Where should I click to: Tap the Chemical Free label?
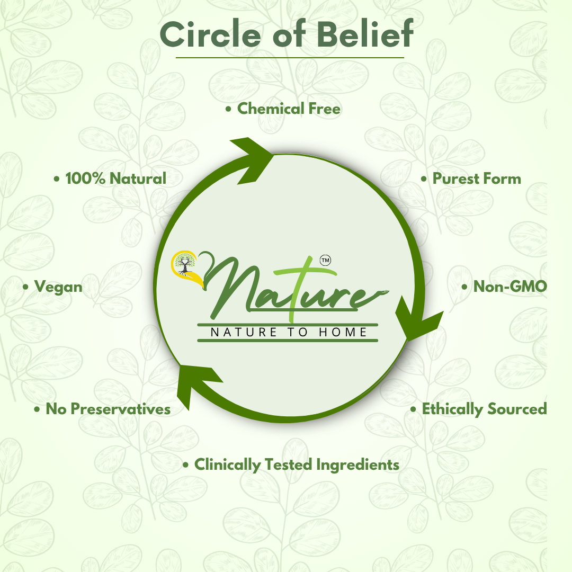[x=289, y=109]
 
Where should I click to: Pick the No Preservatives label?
[x=108, y=409]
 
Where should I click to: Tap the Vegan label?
[x=58, y=287]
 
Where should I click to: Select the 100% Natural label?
[x=115, y=178]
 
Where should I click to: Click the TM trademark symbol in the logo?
[x=325, y=260]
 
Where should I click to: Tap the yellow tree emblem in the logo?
[x=185, y=265]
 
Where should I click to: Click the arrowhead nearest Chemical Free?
[x=249, y=159]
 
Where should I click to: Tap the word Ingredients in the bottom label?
[x=358, y=465]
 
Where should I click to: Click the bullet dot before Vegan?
[x=25, y=287]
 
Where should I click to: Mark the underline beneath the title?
[x=290, y=57]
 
